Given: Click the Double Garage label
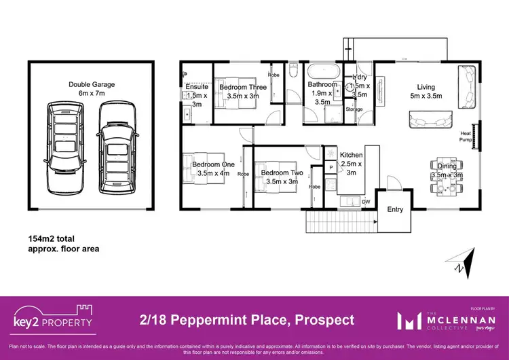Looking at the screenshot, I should (x=92, y=84).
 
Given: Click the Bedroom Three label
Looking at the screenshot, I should (x=242, y=88).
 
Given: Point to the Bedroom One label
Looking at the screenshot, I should (x=213, y=164).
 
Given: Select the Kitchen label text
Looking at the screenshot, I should (x=351, y=156).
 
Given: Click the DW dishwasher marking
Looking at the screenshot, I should (x=365, y=201).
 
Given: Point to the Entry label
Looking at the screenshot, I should (x=395, y=209).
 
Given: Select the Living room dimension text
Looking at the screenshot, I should (x=426, y=96).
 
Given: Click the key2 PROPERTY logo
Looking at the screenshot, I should (x=53, y=319).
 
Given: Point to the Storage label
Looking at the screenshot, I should (x=354, y=108).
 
